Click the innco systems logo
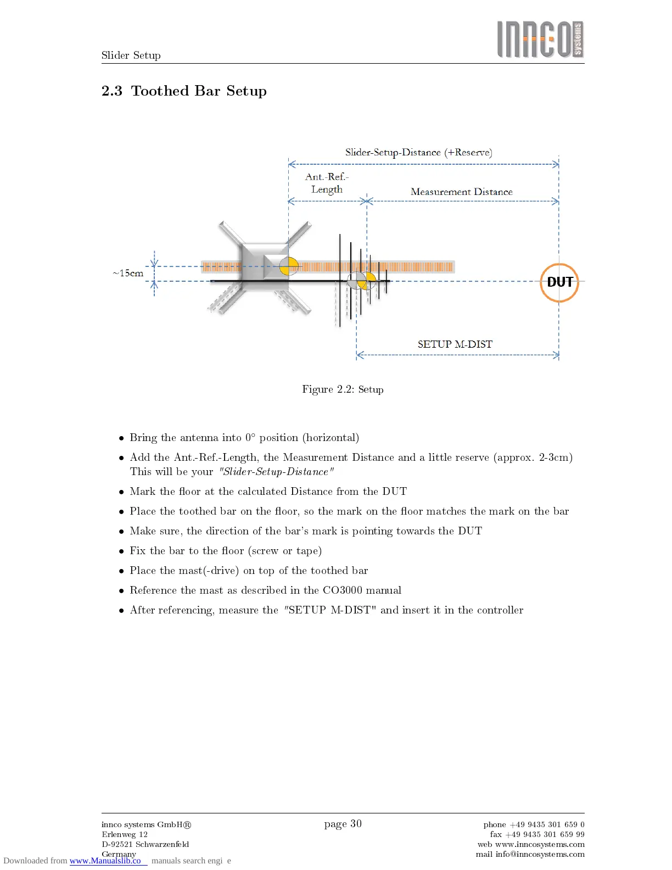pos(540,40)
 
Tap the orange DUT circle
pos(559,282)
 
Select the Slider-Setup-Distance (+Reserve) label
pos(418,152)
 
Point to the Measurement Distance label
pos(461,192)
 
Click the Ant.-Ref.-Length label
pos(327,183)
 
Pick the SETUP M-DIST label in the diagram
pos(455,344)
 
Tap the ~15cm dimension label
pos(128,273)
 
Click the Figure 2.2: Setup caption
pos(343,389)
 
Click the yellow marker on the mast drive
pos(289,266)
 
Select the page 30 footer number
pos(343,823)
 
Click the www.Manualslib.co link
pos(105,861)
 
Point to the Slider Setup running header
pos(131,55)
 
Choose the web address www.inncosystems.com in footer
pos(540,844)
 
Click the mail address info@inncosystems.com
pos(540,854)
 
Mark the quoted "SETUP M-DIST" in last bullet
pos(330,610)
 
